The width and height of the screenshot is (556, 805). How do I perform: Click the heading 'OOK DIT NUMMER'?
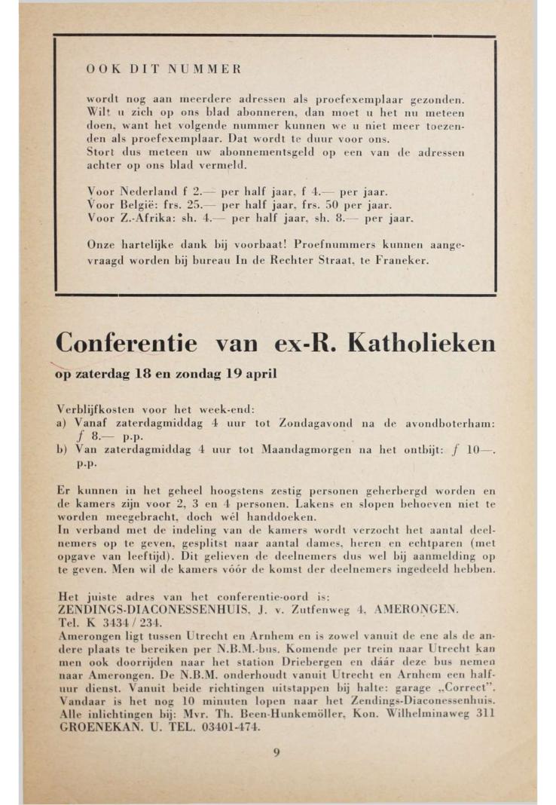(x=163, y=69)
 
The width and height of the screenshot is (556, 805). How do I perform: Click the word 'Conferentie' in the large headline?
(x=127, y=344)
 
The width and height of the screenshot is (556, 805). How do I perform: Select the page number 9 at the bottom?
(x=276, y=751)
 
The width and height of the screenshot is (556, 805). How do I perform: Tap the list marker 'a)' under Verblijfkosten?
(x=63, y=424)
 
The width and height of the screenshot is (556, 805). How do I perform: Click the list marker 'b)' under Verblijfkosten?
(x=63, y=449)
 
